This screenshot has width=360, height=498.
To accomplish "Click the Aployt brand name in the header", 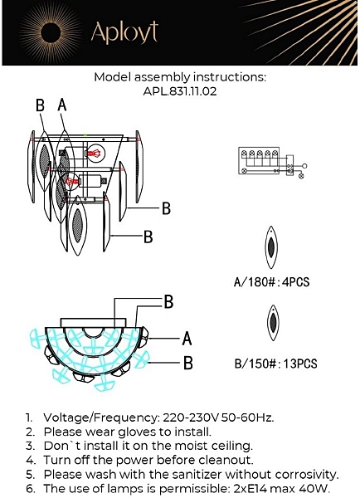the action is pyautogui.click(x=124, y=32).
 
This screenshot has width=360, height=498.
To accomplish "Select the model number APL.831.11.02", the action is pyautogui.click(x=180, y=91).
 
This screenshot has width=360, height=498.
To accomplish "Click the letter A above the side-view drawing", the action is pyautogui.click(x=62, y=105).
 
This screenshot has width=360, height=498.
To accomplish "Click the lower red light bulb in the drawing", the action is pyautogui.click(x=71, y=181).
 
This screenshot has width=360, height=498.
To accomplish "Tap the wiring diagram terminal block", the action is pyautogui.click(x=259, y=160).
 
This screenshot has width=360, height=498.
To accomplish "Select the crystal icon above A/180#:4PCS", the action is pyautogui.click(x=271, y=247).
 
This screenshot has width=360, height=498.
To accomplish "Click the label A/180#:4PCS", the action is pyautogui.click(x=271, y=281).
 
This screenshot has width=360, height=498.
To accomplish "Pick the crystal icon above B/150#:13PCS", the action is pyautogui.click(x=273, y=323).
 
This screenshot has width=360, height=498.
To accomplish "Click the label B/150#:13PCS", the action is pyautogui.click(x=275, y=364).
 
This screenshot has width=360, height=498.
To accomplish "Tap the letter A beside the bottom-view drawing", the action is pyautogui.click(x=187, y=339).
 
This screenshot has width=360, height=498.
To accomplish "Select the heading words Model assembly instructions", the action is pyautogui.click(x=180, y=77).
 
